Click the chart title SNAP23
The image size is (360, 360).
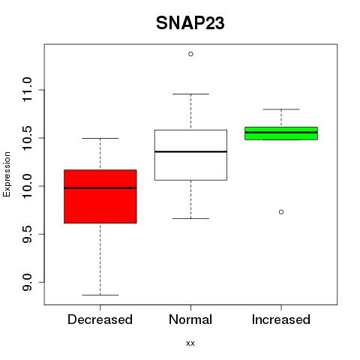190,23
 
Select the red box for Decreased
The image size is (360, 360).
100,196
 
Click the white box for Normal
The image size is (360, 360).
190,155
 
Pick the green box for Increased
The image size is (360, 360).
281,133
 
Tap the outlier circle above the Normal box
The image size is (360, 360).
190,54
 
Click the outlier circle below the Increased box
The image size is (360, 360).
281,212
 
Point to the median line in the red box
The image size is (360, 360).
100,188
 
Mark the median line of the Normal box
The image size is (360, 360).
190,151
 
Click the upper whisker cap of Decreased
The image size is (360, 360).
100,138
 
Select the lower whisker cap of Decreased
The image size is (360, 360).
100,295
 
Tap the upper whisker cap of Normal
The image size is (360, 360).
190,94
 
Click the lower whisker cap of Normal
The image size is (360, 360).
190,218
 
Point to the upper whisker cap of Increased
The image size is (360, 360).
281,109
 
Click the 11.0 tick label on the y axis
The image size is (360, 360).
27,89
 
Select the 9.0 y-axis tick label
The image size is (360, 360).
27,282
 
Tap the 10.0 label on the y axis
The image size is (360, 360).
27,186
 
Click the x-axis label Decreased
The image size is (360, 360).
100,319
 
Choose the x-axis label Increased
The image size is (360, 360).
281,319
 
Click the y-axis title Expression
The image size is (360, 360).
7,174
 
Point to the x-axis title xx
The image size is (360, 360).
190,343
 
